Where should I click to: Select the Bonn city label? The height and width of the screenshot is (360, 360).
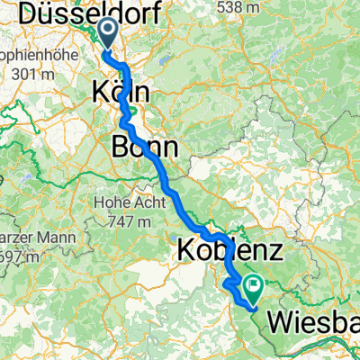tap(144, 146)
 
